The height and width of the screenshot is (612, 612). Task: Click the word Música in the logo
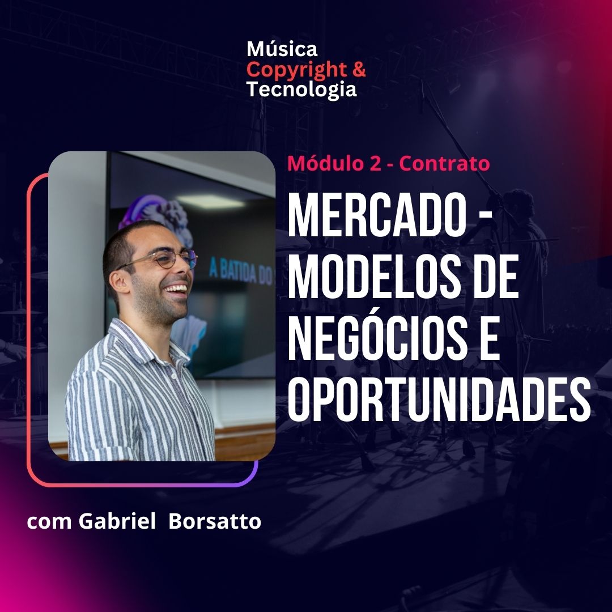pos(282,49)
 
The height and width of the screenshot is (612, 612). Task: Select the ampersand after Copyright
pos(359,69)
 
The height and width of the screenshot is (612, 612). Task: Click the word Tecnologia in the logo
pos(301,90)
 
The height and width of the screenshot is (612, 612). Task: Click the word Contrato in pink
pos(444,163)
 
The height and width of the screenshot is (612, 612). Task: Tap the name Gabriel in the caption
pos(117,521)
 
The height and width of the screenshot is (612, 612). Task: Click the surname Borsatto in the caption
pos(215,521)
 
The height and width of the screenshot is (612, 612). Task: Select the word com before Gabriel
pos(49,523)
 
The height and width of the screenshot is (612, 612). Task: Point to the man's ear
pos(120,280)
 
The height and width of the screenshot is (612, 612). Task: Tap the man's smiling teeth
pos(176,289)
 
